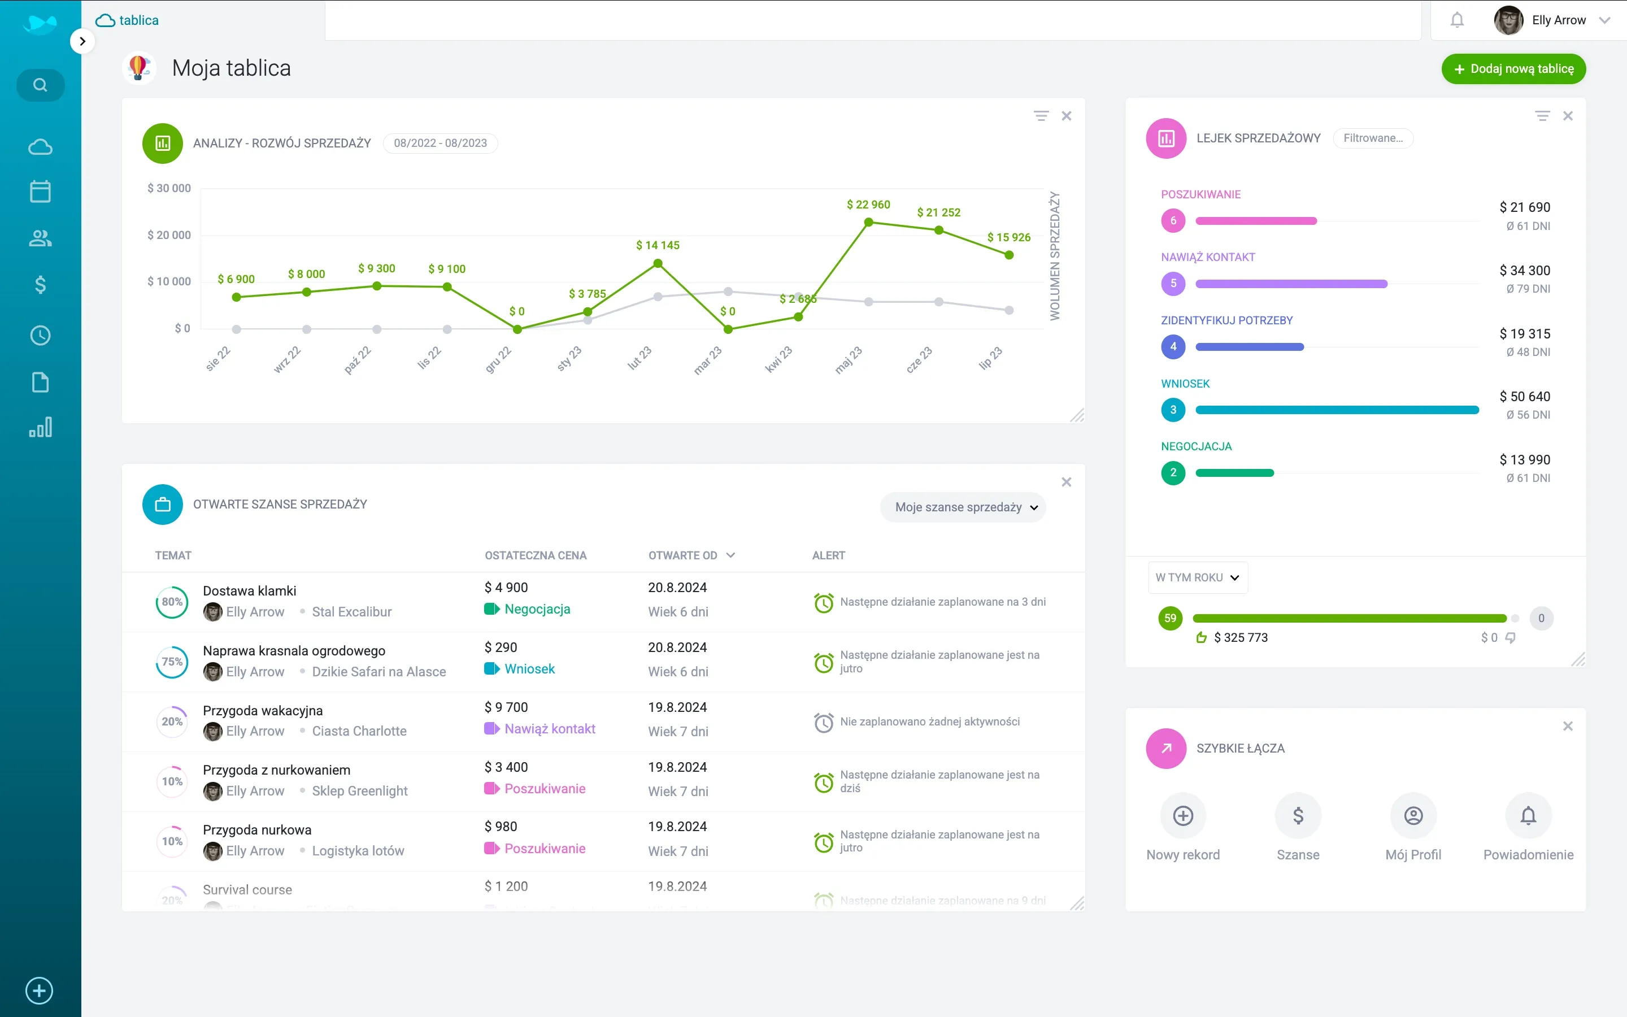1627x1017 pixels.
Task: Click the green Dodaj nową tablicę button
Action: pos(1513,68)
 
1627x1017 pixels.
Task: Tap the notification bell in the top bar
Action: pos(1457,20)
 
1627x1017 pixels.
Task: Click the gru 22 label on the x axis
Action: pos(498,360)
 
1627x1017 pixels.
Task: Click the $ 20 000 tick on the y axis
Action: pos(169,234)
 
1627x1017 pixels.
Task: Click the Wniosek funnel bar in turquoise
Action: pos(1337,410)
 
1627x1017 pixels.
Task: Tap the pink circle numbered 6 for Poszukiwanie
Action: pos(1173,220)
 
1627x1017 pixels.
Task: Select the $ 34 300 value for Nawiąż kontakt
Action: pos(1524,271)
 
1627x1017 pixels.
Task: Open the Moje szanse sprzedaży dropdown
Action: pos(965,507)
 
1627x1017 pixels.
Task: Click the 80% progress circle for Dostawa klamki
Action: pos(172,602)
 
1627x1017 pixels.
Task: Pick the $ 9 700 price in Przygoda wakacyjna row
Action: pos(506,707)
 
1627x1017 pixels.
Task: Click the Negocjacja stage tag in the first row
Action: pos(537,609)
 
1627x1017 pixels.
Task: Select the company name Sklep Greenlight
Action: pos(360,791)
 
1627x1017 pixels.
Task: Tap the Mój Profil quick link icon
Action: pos(1413,816)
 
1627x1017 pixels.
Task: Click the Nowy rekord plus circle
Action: pos(1182,816)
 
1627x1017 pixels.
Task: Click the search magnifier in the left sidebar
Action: pos(40,85)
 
